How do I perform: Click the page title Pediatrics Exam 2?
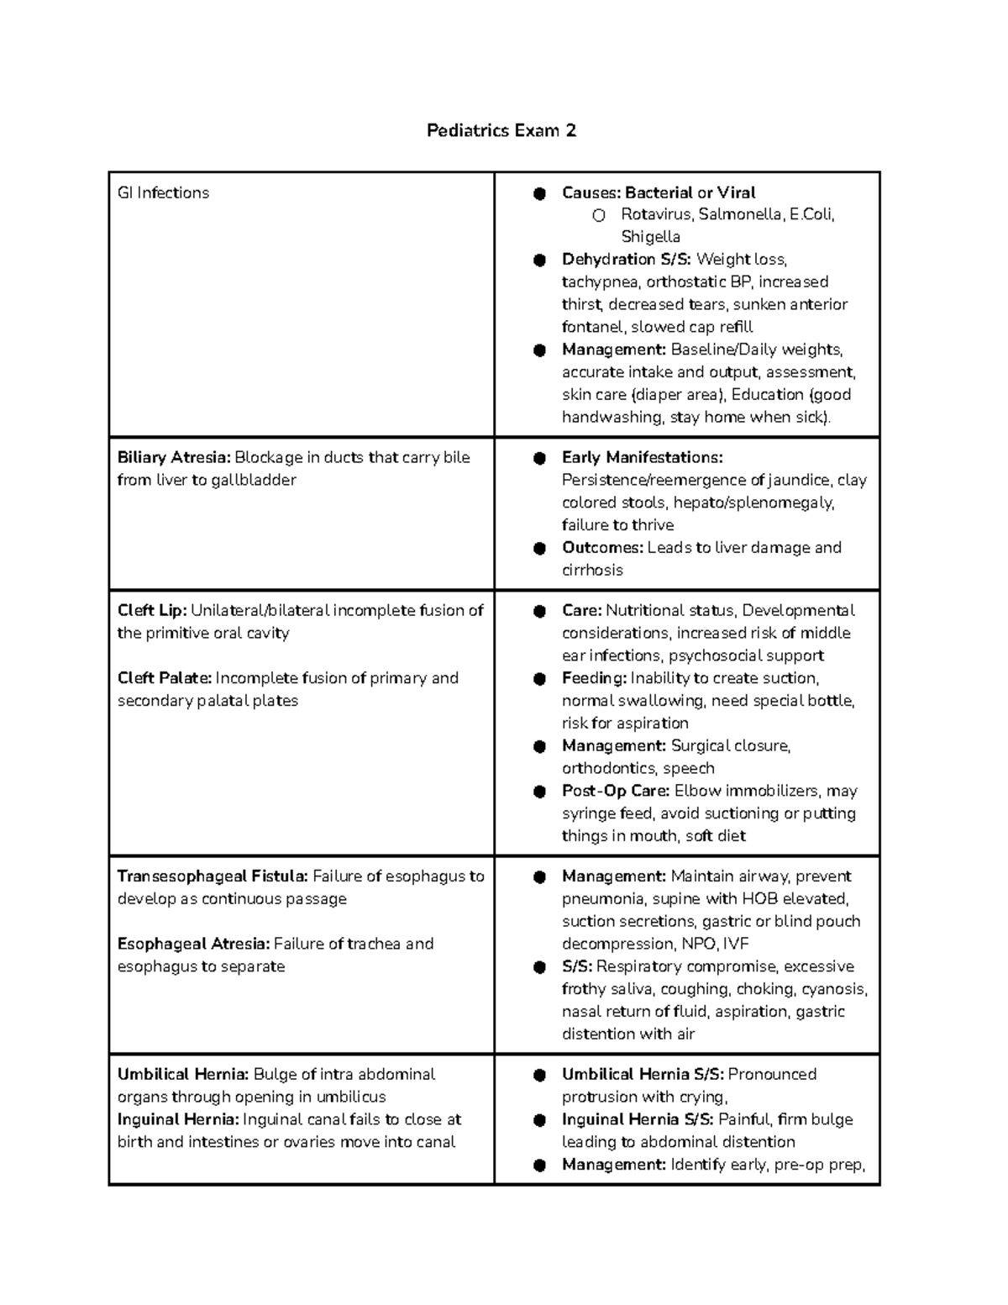click(x=501, y=130)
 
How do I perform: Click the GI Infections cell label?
click(x=163, y=192)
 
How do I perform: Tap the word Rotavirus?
click(x=656, y=214)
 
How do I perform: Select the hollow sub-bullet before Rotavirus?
click(x=598, y=215)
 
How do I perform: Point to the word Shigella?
click(x=650, y=237)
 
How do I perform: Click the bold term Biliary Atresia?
click(x=173, y=457)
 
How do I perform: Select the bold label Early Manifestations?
click(x=642, y=457)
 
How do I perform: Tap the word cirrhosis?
click(x=592, y=570)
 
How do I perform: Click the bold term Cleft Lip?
click(x=151, y=610)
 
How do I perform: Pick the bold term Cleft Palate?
click(x=165, y=677)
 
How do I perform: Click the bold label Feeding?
click(x=594, y=677)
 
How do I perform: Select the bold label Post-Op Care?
click(x=615, y=791)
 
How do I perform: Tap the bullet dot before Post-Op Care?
click(x=539, y=792)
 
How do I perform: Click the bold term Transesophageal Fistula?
click(x=213, y=876)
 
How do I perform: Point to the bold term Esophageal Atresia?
click(x=193, y=943)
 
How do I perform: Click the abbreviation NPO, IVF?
click(x=703, y=944)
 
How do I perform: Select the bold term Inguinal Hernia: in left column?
click(x=178, y=1119)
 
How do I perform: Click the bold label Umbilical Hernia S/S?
click(x=643, y=1074)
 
